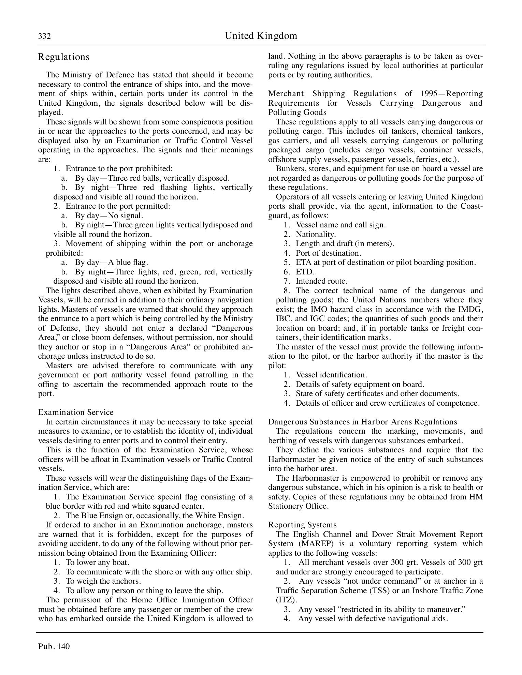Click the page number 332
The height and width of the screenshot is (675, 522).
(44, 36)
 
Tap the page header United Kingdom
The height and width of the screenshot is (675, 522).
(261, 36)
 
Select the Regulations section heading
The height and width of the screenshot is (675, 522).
(64, 57)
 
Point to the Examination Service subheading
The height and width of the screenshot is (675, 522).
(76, 412)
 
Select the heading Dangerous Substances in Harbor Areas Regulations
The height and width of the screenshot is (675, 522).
(362, 422)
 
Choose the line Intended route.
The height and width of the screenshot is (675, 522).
(321, 281)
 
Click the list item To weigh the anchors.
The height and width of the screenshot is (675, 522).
(103, 581)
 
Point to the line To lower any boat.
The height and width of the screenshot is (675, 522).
(97, 562)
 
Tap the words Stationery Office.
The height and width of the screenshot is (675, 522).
(299, 506)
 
